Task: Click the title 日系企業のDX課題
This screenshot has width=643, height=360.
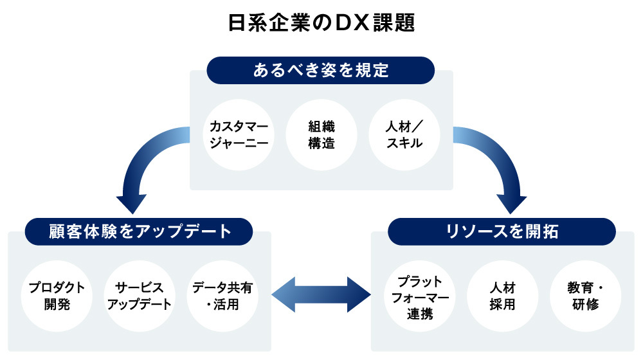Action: tap(321, 23)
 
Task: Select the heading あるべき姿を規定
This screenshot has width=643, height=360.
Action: tap(321, 70)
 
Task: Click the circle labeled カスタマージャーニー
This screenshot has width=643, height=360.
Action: tap(238, 134)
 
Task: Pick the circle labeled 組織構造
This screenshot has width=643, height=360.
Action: tap(321, 134)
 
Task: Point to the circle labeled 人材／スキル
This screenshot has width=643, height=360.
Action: tap(404, 134)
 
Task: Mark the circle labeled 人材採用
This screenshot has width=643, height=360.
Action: tap(502, 296)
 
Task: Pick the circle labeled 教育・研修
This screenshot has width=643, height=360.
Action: tap(585, 296)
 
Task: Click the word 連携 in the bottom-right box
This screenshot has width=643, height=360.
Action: tap(419, 314)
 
